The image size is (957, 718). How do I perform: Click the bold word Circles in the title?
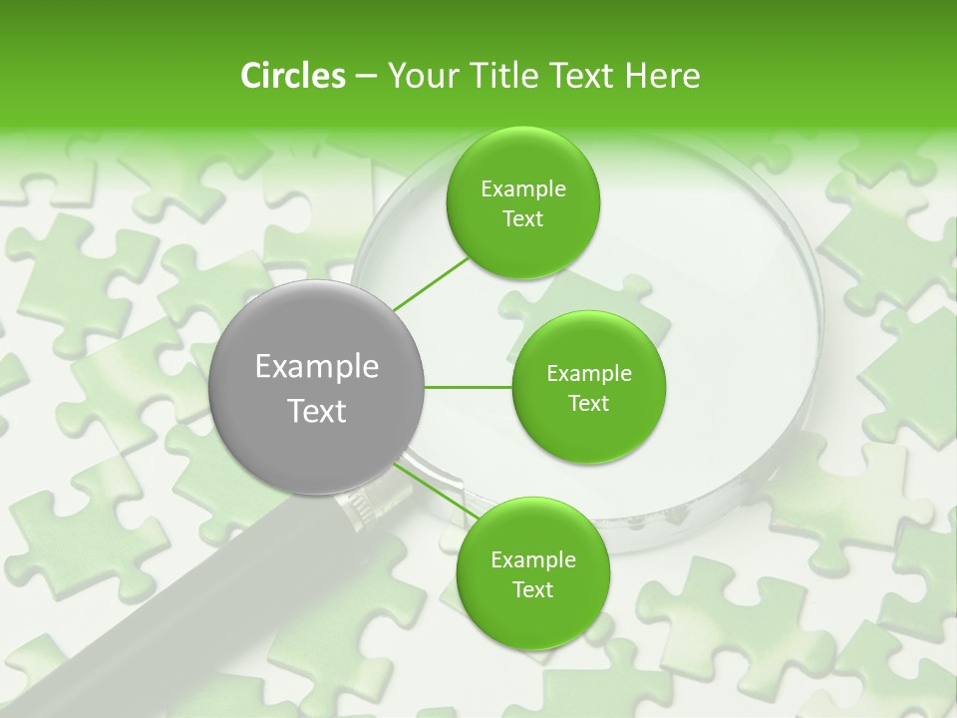(x=292, y=76)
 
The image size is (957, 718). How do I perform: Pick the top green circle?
(x=522, y=203)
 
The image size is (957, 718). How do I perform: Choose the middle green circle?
(x=588, y=387)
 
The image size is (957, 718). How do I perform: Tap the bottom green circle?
(x=532, y=574)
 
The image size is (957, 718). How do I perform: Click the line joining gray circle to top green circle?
(x=431, y=282)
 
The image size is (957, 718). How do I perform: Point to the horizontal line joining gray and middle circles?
(x=469, y=387)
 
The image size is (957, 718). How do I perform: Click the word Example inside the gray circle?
(x=317, y=367)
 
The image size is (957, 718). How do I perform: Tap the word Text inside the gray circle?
(x=317, y=411)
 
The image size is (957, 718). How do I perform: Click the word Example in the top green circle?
(x=522, y=189)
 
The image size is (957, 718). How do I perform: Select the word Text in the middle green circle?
(x=588, y=403)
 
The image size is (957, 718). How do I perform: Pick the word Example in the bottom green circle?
(x=532, y=560)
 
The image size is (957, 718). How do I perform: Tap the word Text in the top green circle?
(x=522, y=219)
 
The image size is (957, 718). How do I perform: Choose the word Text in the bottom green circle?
(x=532, y=590)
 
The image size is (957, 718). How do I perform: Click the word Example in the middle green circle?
(x=588, y=374)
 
